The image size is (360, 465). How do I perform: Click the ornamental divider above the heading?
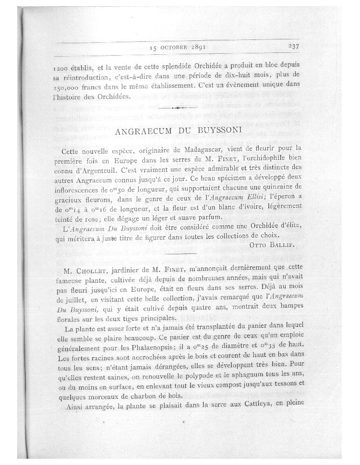tap(179, 108)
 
